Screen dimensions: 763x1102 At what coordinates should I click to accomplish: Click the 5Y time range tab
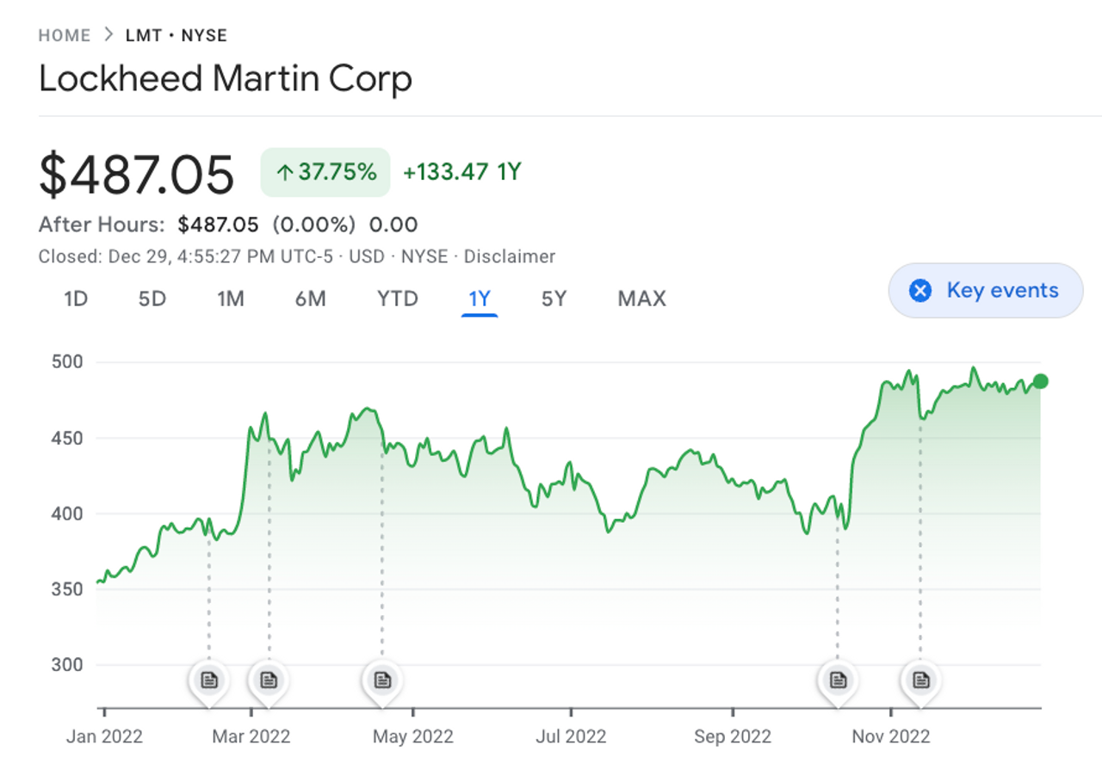pyautogui.click(x=554, y=298)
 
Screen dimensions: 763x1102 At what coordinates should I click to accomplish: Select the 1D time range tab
pyautogui.click(x=76, y=298)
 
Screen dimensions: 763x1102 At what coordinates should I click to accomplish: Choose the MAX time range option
pyautogui.click(x=641, y=298)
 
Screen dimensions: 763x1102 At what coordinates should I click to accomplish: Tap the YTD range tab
pyautogui.click(x=397, y=298)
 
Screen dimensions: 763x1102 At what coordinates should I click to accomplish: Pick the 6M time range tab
pyautogui.click(x=310, y=298)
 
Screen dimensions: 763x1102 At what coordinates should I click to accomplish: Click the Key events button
pyautogui.click(x=986, y=291)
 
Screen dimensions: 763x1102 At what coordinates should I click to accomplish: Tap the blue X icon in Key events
pyautogui.click(x=920, y=291)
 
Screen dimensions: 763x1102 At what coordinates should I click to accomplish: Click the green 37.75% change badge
pyautogui.click(x=325, y=172)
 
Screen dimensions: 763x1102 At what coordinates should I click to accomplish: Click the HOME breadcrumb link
pyautogui.click(x=65, y=35)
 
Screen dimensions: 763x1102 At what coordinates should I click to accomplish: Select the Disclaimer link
pyautogui.click(x=510, y=256)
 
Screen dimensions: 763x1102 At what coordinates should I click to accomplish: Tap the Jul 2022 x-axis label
pyautogui.click(x=570, y=736)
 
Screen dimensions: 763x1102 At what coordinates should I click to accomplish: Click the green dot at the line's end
pyautogui.click(x=1040, y=381)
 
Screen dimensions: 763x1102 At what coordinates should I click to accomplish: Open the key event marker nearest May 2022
pyautogui.click(x=382, y=680)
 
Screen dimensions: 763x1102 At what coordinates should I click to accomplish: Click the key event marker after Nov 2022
pyautogui.click(x=921, y=680)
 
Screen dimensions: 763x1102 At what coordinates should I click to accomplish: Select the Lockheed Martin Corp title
pyautogui.click(x=226, y=79)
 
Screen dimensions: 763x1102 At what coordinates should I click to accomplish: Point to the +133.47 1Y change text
pyautogui.click(x=462, y=172)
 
